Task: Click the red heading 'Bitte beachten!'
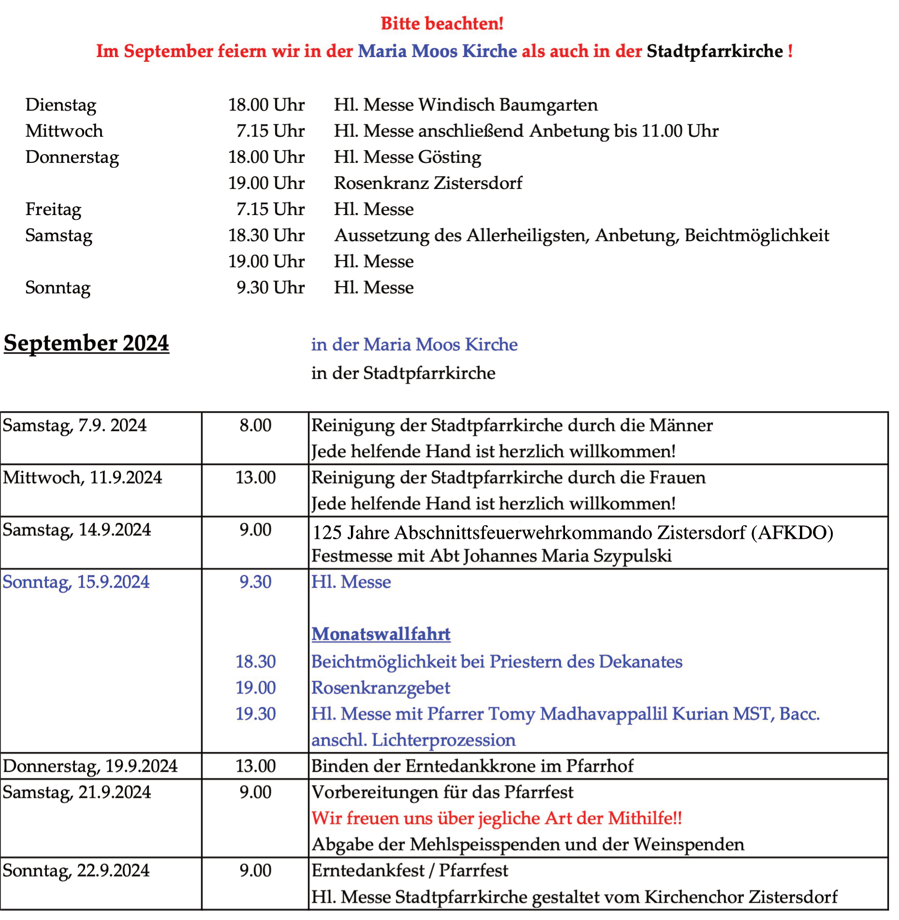[x=442, y=23]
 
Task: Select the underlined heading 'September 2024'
[x=87, y=344]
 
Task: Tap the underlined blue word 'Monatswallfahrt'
[x=381, y=634]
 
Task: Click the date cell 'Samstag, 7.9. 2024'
[x=75, y=426]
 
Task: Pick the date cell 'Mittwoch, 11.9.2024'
[x=83, y=478]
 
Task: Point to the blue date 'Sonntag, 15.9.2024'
[x=76, y=582]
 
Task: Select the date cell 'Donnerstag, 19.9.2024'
[x=90, y=766]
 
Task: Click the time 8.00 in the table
[x=255, y=426]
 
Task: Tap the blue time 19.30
[x=255, y=714]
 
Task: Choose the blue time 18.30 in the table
[x=255, y=662]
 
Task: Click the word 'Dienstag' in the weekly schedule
[x=61, y=105]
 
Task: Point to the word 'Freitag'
[x=53, y=210]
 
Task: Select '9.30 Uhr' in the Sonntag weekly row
[x=270, y=288]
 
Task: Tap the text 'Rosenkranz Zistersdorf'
[x=428, y=184]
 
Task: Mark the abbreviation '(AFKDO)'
[x=792, y=533]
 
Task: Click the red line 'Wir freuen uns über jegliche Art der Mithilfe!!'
[x=496, y=819]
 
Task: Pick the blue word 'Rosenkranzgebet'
[x=381, y=688]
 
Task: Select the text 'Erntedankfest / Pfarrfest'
[x=410, y=871]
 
